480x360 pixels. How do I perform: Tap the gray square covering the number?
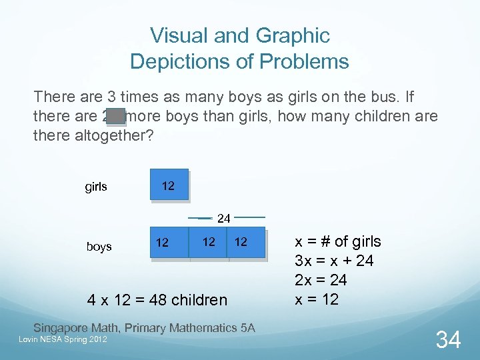tap(116, 117)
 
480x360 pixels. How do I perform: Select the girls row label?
tap(96, 187)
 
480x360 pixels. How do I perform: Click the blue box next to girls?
tap(169, 186)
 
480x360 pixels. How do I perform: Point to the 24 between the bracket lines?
tap(224, 218)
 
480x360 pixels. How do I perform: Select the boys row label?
tap(99, 247)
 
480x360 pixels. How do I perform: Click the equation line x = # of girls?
tap(338, 241)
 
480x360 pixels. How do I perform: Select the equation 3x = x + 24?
tap(334, 261)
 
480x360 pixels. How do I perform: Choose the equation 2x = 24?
tap(321, 280)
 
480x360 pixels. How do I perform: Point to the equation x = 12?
tap(317, 299)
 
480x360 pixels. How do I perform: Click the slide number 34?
tap(448, 340)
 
